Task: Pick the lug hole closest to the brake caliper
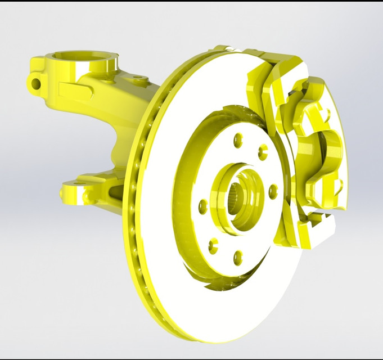pyautogui.click(x=273, y=191)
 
